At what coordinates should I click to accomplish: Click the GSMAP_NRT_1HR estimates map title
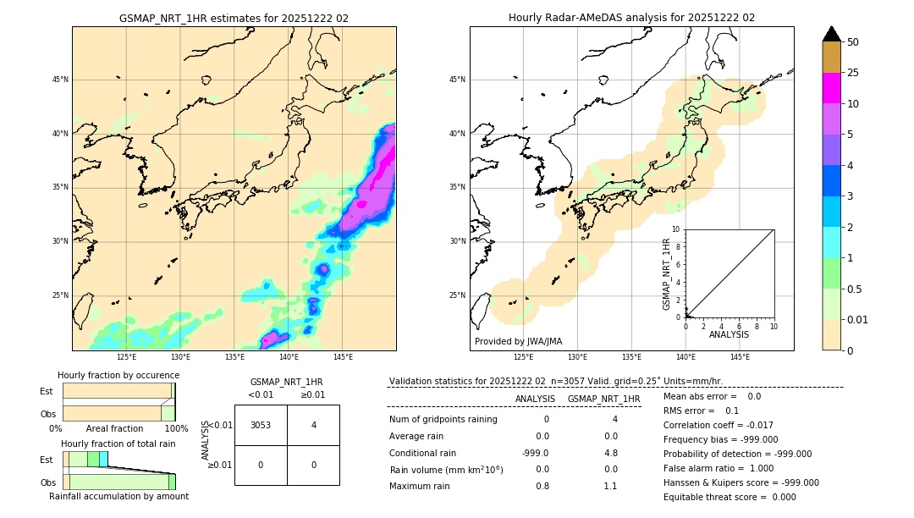pyautogui.click(x=234, y=18)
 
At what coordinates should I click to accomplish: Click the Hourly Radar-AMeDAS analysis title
pyautogui.click(x=631, y=18)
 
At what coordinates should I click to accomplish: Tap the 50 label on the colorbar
pyautogui.click(x=853, y=42)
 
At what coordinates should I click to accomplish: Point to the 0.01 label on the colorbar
pyautogui.click(x=858, y=319)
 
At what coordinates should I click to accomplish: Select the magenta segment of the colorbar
pyautogui.click(x=831, y=88)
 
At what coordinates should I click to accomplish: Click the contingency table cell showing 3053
pyautogui.click(x=261, y=425)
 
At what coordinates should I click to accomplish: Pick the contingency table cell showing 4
pyautogui.click(x=313, y=425)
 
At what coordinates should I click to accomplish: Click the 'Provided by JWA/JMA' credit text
pyautogui.click(x=518, y=341)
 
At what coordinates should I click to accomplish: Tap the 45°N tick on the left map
pyautogui.click(x=60, y=80)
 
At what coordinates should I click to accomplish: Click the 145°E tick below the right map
pyautogui.click(x=740, y=357)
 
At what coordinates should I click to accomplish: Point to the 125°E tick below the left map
pyautogui.click(x=126, y=357)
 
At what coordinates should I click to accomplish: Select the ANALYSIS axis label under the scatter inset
pyautogui.click(x=729, y=334)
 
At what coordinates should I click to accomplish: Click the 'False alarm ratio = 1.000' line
pyautogui.click(x=719, y=468)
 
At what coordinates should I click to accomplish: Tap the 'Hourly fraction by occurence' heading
pyautogui.click(x=118, y=375)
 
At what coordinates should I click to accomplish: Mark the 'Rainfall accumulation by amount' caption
pyautogui.click(x=118, y=496)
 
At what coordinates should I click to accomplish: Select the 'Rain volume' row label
pyautogui.click(x=446, y=469)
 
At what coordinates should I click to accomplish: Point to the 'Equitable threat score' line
pyautogui.click(x=730, y=497)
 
